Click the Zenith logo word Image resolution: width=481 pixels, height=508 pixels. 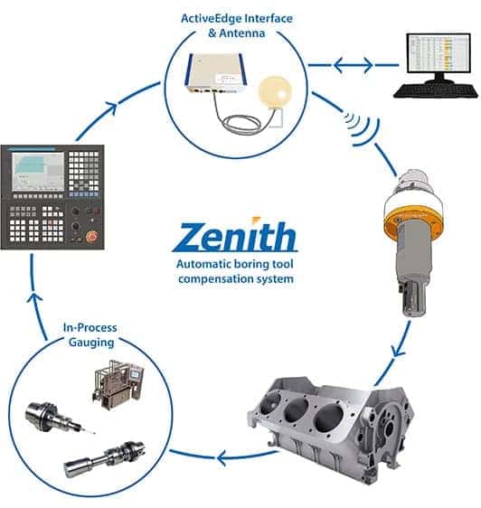point(235,236)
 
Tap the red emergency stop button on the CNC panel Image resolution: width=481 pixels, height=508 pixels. point(91,236)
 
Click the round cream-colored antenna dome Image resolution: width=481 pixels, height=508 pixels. point(275,92)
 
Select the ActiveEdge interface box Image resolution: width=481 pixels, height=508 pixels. point(215,72)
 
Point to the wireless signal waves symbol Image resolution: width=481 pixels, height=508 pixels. point(362,127)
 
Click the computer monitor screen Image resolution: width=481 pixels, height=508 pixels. point(439,52)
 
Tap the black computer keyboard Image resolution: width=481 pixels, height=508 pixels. point(436,90)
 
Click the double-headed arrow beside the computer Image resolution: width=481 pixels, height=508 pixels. point(354,65)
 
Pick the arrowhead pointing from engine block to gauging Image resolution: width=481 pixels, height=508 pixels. point(222,458)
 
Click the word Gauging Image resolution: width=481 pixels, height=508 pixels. point(91,343)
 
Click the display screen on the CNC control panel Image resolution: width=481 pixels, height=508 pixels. point(38,172)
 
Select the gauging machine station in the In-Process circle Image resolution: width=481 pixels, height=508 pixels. point(118,385)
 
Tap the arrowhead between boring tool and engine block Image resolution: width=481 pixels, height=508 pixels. point(398,351)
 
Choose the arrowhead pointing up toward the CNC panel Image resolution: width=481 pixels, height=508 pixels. point(34,298)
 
